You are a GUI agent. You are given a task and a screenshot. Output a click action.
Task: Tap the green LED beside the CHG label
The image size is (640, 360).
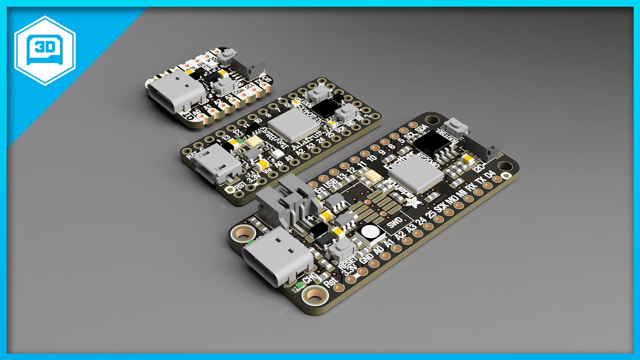[298, 285]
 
